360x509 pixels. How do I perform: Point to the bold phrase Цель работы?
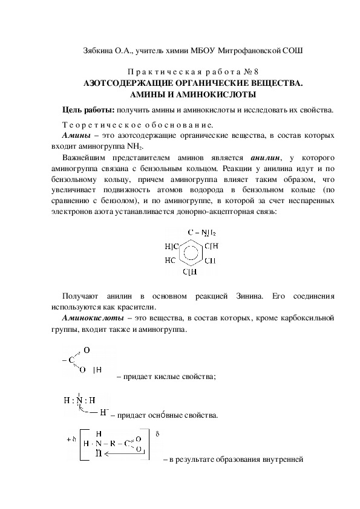90,110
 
